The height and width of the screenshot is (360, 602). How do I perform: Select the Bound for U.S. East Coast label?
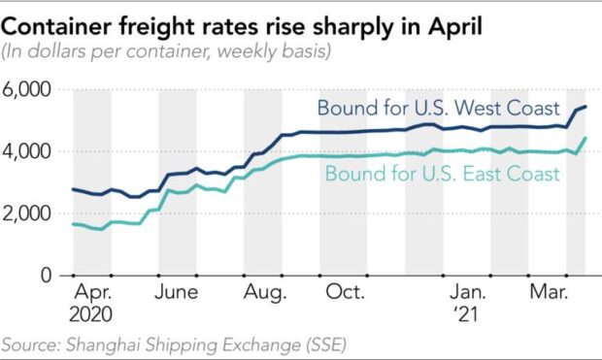click(x=443, y=175)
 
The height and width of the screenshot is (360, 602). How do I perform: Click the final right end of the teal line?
click(x=585, y=138)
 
